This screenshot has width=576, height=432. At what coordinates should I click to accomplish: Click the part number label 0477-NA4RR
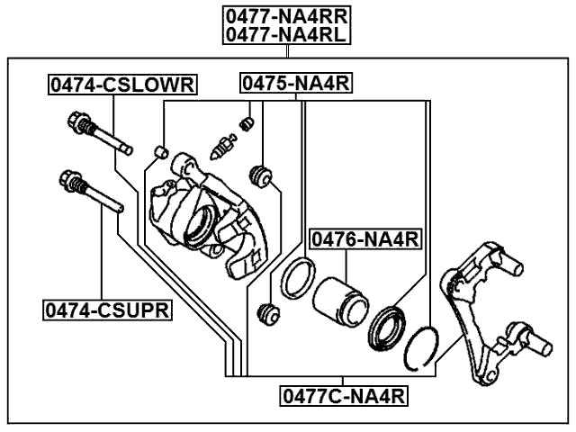(x=287, y=15)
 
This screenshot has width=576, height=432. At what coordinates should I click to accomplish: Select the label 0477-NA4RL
(x=287, y=34)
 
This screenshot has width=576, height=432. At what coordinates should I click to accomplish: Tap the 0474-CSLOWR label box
(x=122, y=85)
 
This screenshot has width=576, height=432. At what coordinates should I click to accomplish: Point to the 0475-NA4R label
(x=295, y=85)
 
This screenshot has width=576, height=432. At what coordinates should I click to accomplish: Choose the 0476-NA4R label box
(x=366, y=238)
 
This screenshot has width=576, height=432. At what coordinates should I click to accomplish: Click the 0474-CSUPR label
(x=108, y=310)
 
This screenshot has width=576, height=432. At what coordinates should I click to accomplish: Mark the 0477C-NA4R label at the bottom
(x=344, y=394)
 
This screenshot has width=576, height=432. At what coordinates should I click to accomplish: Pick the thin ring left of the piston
(x=297, y=280)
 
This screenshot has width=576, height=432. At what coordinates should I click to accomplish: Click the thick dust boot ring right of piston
(x=388, y=328)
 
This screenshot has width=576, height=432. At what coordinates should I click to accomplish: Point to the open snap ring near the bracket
(x=421, y=346)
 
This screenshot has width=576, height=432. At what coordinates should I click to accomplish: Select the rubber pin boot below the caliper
(x=266, y=315)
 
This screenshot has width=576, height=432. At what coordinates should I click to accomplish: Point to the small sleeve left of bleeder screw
(x=162, y=149)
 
